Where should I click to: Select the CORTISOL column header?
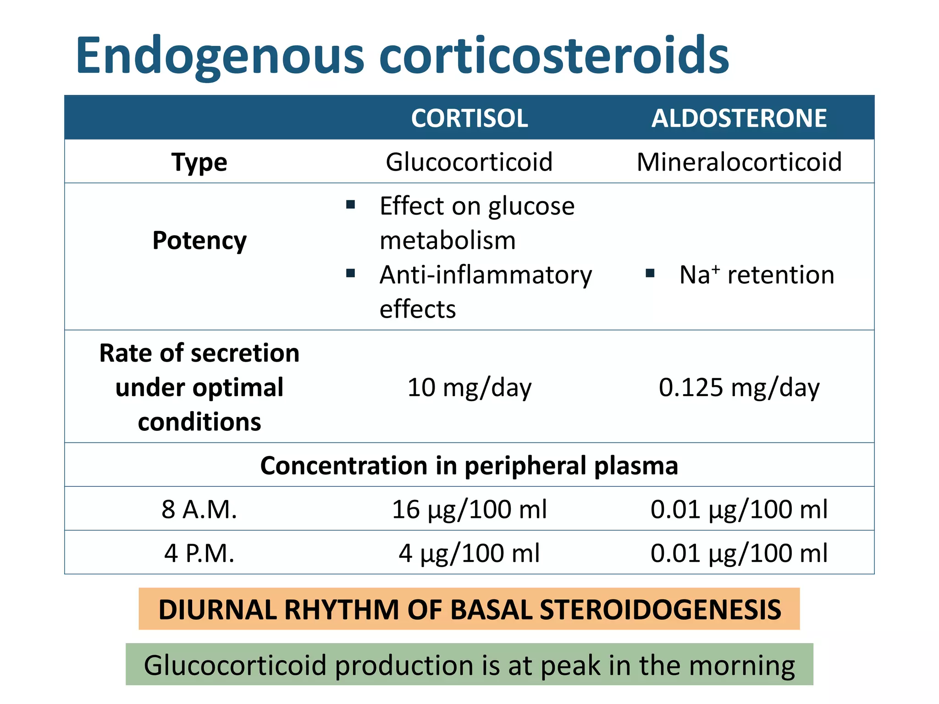[469, 118]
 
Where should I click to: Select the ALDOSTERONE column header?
[739, 118]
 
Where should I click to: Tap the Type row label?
[199, 162]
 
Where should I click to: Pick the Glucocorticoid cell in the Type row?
[469, 162]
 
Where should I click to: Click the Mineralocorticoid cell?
[739, 162]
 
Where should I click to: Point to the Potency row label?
[199, 241]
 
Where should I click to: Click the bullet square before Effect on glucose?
[351, 204]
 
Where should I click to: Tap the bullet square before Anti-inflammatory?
[351, 274]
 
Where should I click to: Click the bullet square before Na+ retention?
[650, 274]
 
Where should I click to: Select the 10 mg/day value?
[469, 388]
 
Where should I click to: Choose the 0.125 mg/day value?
[739, 388]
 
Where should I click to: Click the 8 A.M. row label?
[199, 510]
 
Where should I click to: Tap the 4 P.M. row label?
[199, 553]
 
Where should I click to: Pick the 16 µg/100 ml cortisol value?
[469, 510]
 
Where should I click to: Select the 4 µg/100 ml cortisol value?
[469, 553]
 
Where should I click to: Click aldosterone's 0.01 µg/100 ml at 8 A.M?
[739, 510]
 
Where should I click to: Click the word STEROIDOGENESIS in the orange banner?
[660, 610]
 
